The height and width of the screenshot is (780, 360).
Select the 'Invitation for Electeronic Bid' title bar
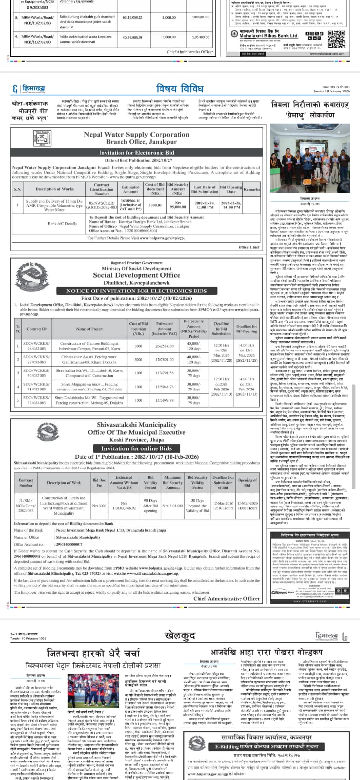pos(137,153)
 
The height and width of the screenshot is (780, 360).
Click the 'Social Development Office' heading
pos(136,275)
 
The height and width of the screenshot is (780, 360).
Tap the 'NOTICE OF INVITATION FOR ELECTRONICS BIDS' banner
pos(137,291)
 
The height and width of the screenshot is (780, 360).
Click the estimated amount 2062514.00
pos(164,345)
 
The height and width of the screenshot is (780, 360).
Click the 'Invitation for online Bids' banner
pos(137,448)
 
